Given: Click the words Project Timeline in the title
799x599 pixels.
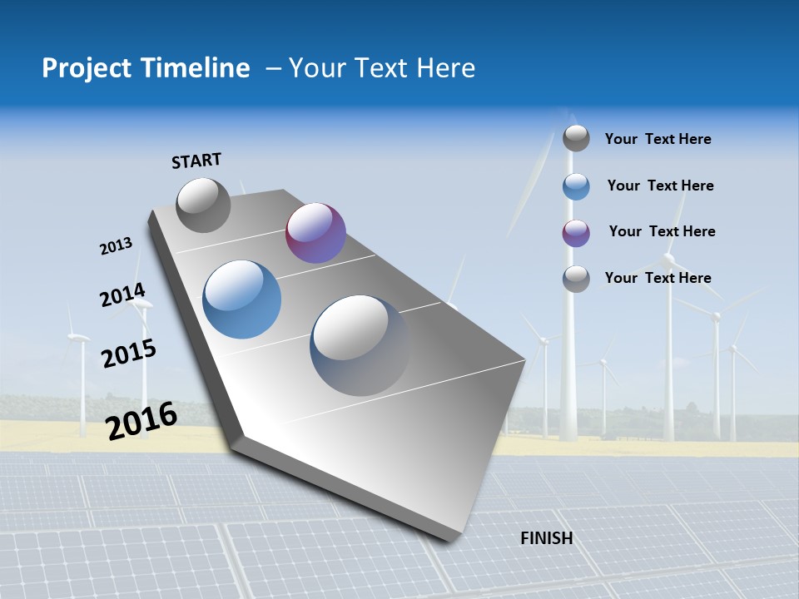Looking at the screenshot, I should (x=146, y=68).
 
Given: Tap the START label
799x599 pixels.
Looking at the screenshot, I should (x=196, y=161).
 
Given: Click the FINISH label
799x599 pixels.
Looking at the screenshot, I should (x=547, y=538).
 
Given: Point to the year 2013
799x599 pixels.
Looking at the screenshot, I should (x=117, y=246).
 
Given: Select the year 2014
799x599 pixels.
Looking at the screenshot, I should (x=122, y=295).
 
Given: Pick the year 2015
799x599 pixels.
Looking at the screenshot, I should (x=129, y=354).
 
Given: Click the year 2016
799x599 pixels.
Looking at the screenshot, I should (x=141, y=420).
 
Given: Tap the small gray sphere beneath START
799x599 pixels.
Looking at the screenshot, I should (x=203, y=205).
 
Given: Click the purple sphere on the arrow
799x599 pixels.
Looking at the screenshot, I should (x=315, y=233).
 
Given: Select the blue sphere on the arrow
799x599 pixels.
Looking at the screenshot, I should (x=242, y=299).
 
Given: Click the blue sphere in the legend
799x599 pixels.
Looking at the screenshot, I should (x=576, y=186).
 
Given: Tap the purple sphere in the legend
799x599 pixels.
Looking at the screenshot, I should (x=576, y=233).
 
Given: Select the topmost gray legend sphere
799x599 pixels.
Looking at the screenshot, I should (x=576, y=138).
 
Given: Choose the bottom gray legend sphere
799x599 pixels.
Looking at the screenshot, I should (x=576, y=279).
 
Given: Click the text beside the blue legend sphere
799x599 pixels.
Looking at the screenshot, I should (x=660, y=186).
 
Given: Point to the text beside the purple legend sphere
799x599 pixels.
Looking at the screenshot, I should (x=662, y=231).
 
